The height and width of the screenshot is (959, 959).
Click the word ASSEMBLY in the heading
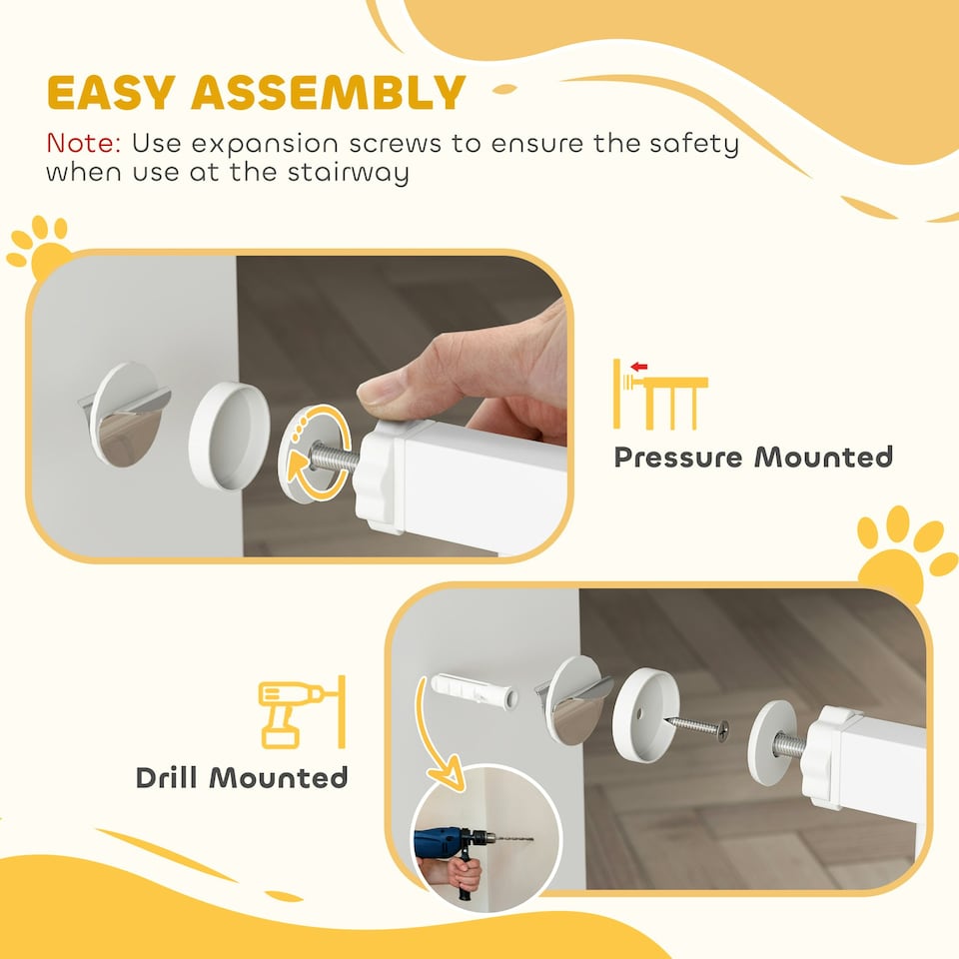point(329,93)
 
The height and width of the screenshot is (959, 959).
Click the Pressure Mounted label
point(752,458)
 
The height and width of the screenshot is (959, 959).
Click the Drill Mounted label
point(242,777)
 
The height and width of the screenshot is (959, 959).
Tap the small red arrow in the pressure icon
point(639,367)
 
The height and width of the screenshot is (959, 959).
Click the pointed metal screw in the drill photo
point(698,726)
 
